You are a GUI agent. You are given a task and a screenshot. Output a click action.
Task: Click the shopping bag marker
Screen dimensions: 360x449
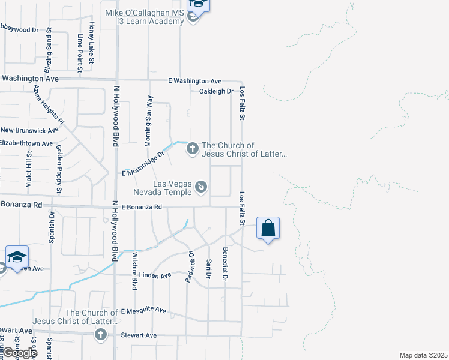[268, 228]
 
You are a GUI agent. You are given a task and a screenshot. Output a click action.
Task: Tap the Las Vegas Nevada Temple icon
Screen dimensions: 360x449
[201, 188]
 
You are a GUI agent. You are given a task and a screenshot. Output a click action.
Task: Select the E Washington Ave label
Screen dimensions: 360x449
[194, 81]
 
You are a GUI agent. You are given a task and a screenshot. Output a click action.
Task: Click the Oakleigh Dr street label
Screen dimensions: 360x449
[216, 91]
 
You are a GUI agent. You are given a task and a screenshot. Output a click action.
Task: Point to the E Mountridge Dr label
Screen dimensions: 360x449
[143, 164]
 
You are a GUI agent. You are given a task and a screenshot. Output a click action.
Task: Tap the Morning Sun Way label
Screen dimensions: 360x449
[149, 121]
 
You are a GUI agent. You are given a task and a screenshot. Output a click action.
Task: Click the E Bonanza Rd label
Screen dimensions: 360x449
[142, 207]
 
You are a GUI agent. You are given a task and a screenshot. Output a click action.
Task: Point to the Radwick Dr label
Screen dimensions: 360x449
[190, 266]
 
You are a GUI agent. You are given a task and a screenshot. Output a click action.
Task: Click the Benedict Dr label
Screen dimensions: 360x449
[225, 264]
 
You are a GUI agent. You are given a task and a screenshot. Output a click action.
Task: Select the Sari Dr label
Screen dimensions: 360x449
[209, 269]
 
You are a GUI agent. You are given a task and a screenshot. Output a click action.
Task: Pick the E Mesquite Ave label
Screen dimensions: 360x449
[143, 311]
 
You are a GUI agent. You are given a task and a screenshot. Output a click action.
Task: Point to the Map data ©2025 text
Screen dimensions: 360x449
[424, 355]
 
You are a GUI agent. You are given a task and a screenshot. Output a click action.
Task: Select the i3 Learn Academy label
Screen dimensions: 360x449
[151, 22]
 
